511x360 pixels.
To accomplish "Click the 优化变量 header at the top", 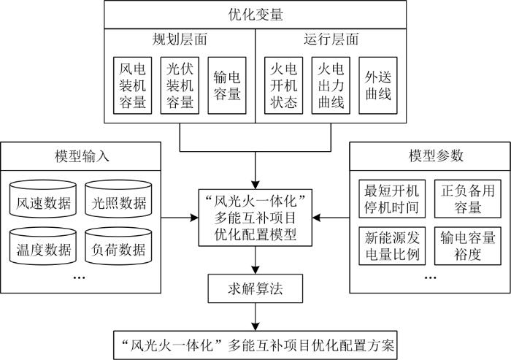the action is pos(255,15).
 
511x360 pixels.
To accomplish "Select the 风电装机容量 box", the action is pos(132,85).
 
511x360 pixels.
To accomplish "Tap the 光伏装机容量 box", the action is pos(180,85).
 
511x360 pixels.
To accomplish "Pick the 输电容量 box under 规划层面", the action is pos(227,85).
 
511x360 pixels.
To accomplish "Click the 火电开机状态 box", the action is pos(283,85).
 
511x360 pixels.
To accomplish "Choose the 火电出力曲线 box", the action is pos(331,85).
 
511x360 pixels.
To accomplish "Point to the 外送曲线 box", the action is pos(378,85).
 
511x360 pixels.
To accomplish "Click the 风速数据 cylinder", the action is pos(43,199).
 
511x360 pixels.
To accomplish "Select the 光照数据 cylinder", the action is pos(118,199).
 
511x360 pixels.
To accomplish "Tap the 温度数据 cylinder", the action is pos(43,246).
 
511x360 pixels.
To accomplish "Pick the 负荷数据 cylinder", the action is pos(118,246).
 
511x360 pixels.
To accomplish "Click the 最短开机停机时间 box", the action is pos(392,199).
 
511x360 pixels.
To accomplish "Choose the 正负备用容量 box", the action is pos(468,199).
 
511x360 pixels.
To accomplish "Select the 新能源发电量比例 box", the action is pos(392,246).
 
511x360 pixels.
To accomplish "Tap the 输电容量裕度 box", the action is pos(468,246).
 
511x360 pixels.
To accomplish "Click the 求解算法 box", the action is pos(255,288).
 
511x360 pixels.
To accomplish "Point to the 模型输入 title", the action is pos(82,156).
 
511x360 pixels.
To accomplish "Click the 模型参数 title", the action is pos(436,156).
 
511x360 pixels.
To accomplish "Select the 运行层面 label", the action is pos(331,39).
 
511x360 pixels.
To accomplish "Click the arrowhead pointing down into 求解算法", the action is pos(255,270).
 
